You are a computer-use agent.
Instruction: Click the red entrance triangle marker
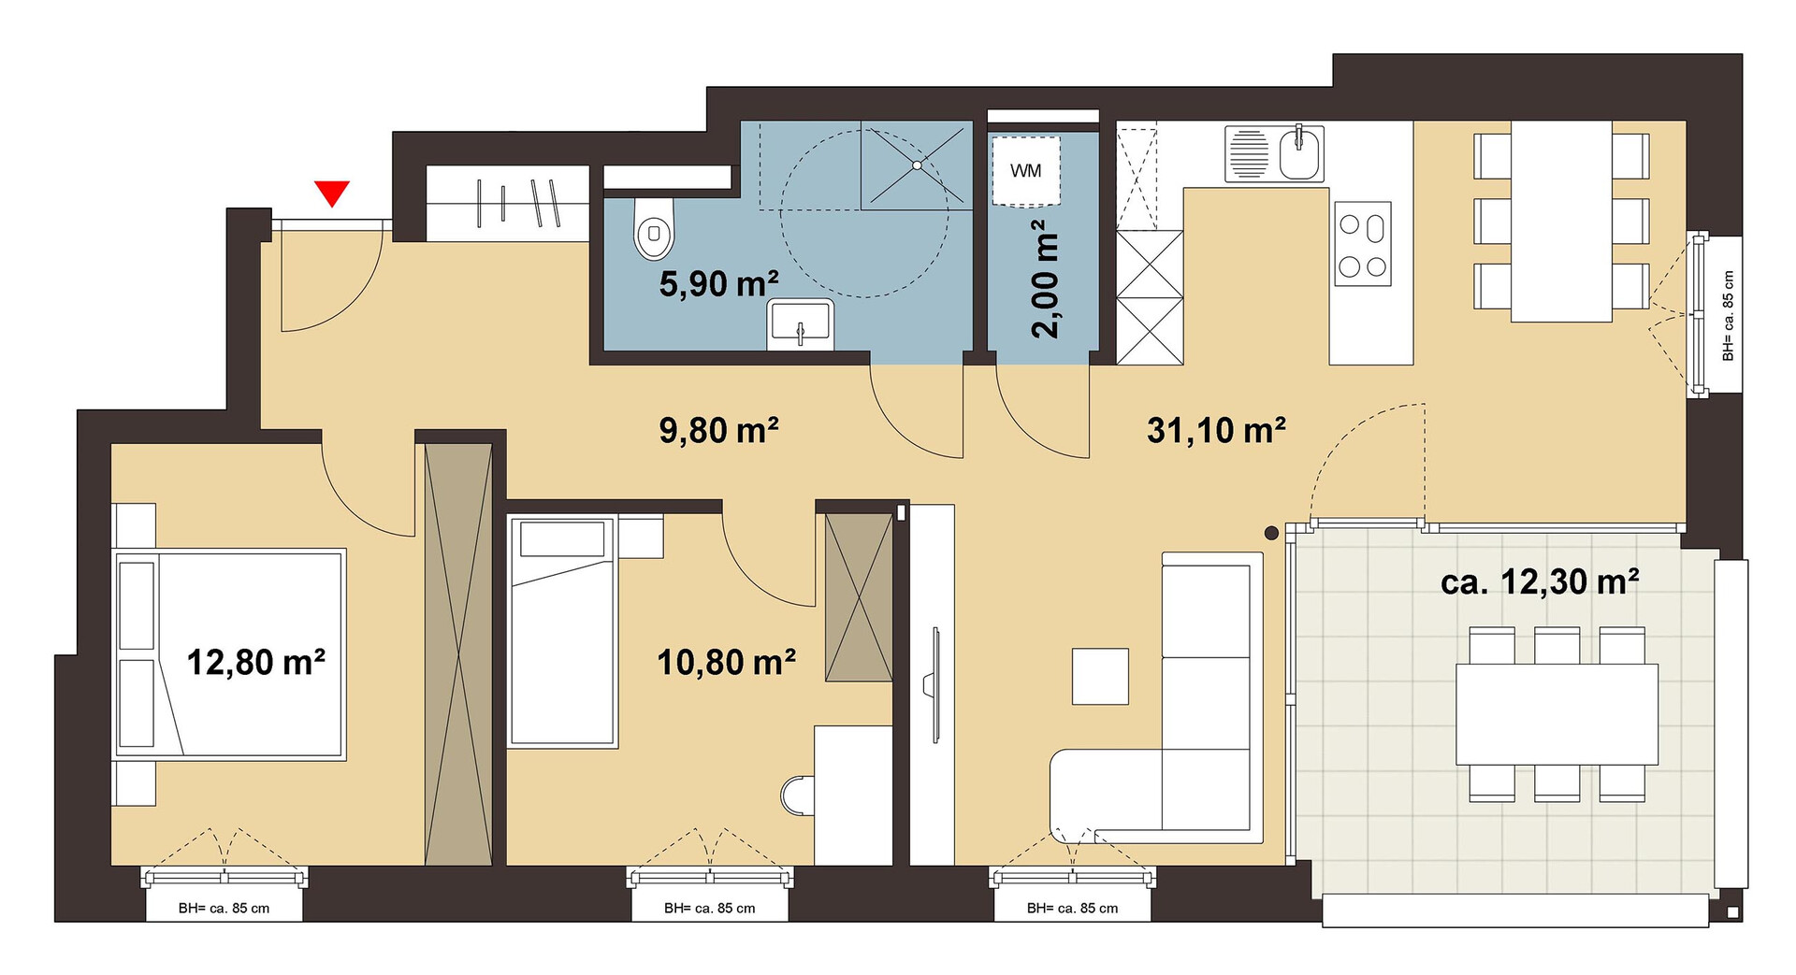point(332,193)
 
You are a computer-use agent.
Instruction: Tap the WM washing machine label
point(1025,171)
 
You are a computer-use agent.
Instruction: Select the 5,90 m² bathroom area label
point(718,283)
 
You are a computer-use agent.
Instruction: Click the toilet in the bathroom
point(653,227)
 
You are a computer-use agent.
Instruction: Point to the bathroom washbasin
point(800,324)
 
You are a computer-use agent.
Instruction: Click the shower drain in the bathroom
point(917,165)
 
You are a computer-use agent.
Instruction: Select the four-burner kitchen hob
point(1362,243)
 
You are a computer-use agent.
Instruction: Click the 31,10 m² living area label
point(1216,430)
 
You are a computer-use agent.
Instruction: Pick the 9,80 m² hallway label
point(719,430)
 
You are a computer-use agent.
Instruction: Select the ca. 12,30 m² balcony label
point(1540,581)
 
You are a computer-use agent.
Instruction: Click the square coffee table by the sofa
point(1100,676)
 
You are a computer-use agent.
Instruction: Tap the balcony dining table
point(1557,714)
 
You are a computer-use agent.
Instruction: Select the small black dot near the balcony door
point(1271,534)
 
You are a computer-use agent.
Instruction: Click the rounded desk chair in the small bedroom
point(797,795)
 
